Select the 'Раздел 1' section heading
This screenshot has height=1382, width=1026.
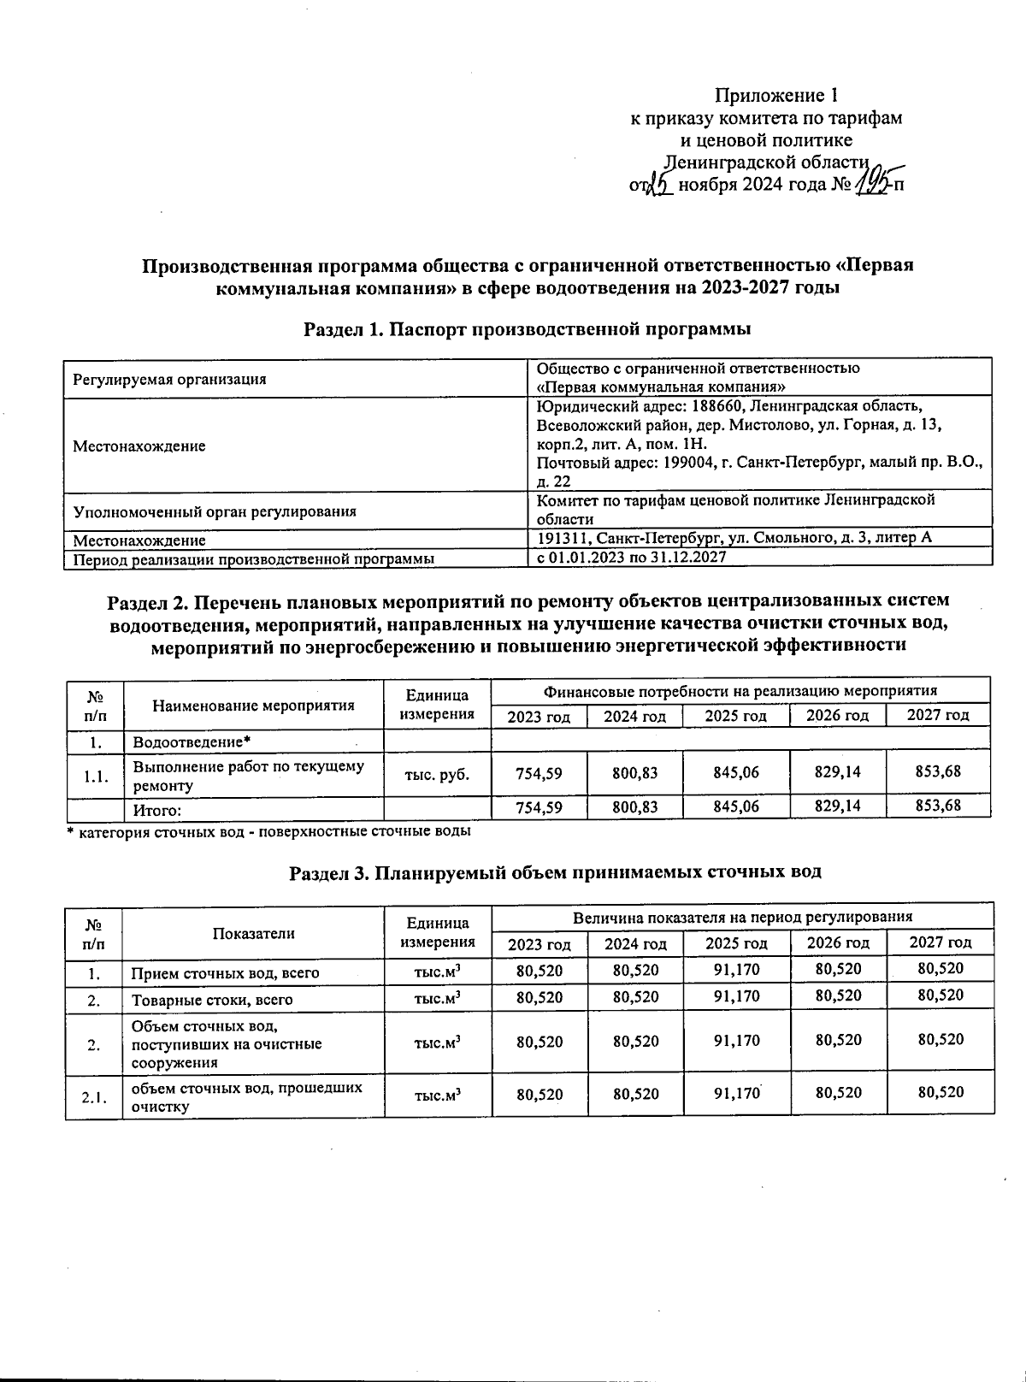528,328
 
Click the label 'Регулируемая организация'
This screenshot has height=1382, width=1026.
169,380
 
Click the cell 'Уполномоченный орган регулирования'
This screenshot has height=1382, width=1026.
215,512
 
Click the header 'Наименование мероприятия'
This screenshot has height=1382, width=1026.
253,706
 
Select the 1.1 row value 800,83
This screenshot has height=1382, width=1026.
634,773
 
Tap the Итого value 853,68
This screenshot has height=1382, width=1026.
937,806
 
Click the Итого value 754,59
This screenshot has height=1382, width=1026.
539,806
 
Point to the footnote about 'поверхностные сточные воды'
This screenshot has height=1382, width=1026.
269,830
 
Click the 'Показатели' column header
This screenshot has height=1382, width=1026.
253,933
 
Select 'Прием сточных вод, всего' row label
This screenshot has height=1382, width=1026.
225,973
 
